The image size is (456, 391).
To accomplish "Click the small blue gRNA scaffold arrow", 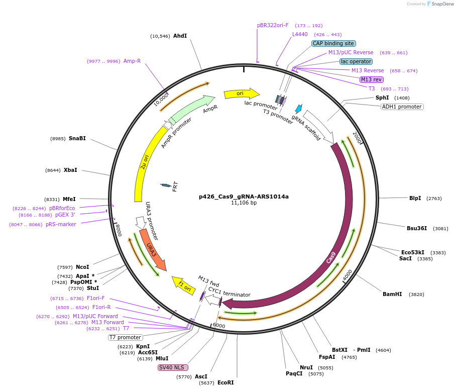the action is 299,109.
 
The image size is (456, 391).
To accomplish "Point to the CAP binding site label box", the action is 333,43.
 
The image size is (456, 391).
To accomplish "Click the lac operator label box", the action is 356,61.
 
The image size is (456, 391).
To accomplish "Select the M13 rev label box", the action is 372,79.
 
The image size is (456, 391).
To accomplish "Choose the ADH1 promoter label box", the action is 402,107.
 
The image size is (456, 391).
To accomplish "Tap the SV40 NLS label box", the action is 173,367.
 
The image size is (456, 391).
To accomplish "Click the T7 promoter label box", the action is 126,337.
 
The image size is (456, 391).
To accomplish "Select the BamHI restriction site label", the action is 392,294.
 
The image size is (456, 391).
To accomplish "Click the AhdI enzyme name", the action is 180,36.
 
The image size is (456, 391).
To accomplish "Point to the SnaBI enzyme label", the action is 77,139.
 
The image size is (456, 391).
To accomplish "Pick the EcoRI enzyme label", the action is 225,382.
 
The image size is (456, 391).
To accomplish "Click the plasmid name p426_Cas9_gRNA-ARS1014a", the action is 244,197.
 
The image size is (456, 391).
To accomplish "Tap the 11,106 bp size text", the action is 244,203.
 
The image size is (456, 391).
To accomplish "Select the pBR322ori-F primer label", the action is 273,25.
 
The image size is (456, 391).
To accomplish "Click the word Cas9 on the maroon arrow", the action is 330,258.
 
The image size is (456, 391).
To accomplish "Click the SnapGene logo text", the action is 442,4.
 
